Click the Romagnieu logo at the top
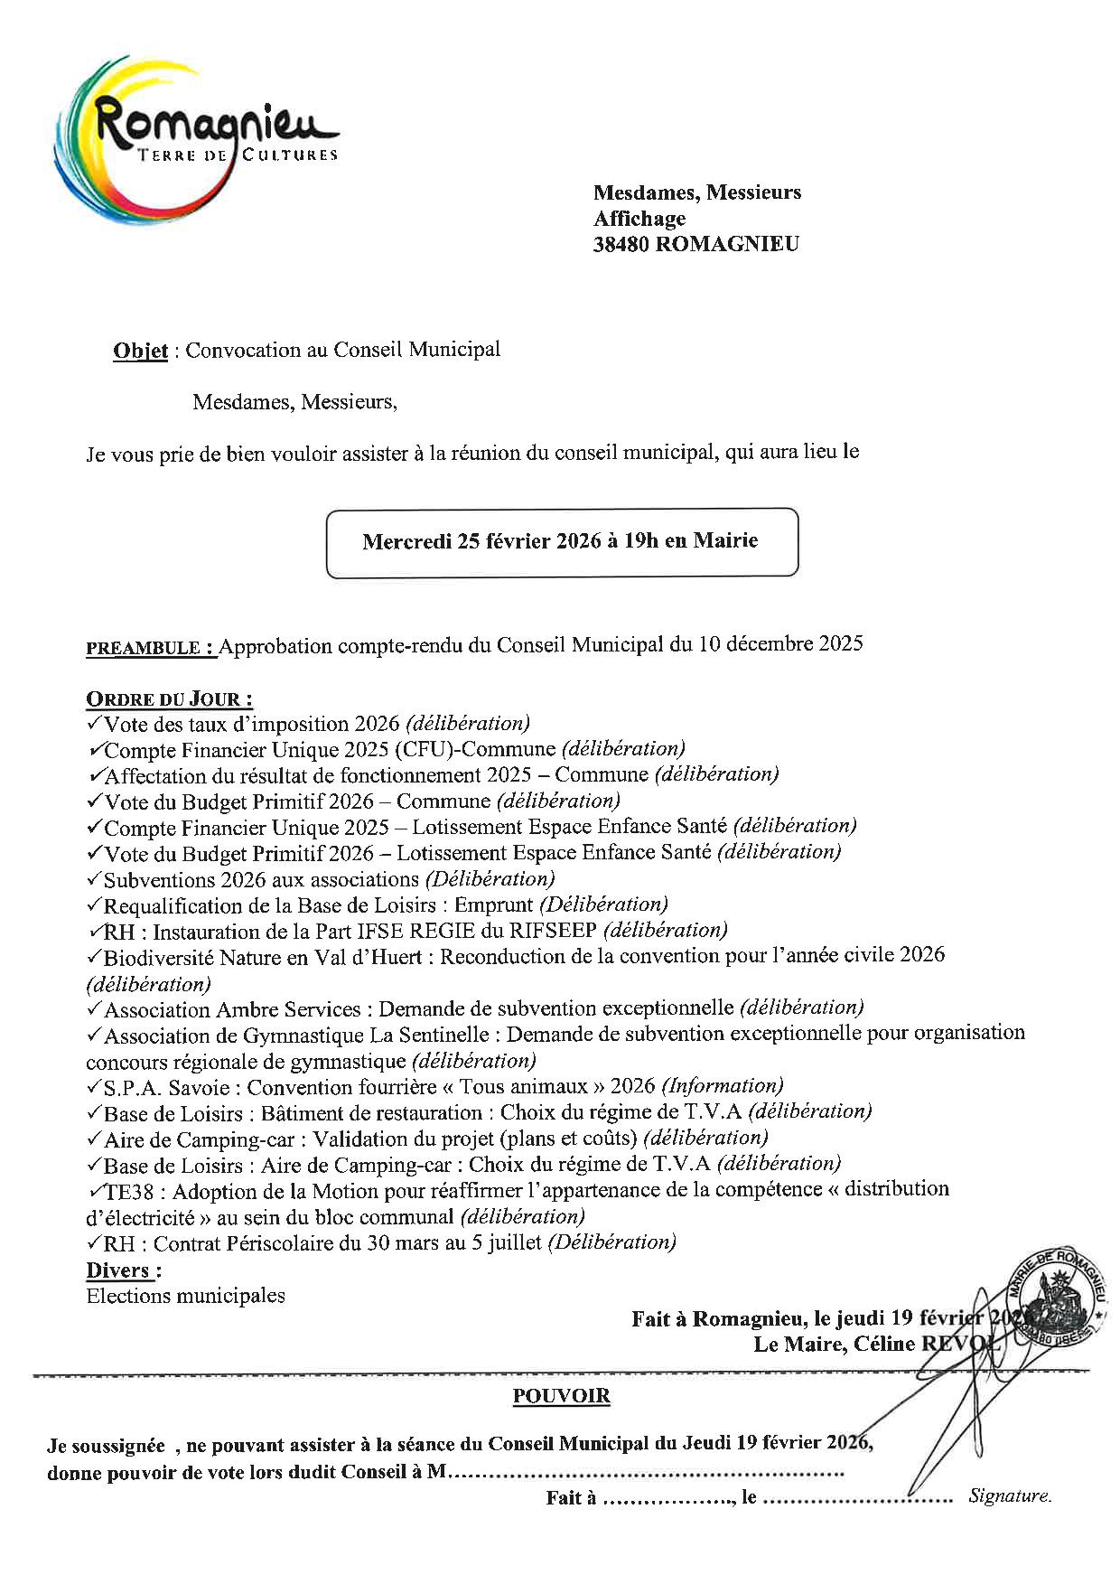click(194, 136)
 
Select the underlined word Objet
click(140, 351)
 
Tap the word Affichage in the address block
click(639, 218)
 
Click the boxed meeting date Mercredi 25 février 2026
click(560, 541)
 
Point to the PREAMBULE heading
click(150, 648)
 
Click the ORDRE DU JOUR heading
click(169, 698)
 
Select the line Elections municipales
click(185, 1296)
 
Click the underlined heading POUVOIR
click(561, 1396)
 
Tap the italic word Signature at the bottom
click(1010, 1495)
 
